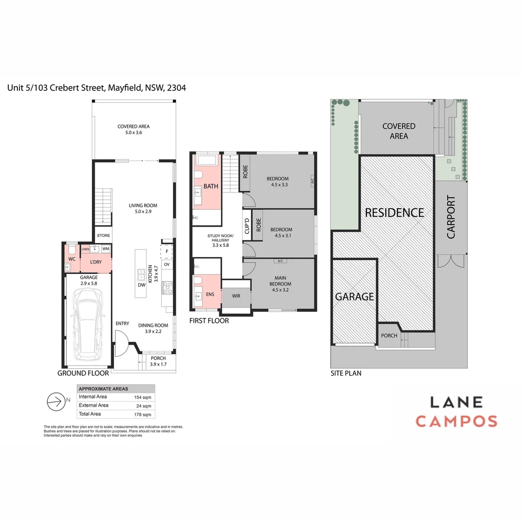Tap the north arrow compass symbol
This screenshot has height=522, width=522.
pyautogui.click(x=56, y=401)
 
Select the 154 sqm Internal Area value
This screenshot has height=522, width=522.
pyautogui.click(x=143, y=397)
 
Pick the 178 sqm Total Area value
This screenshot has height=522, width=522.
pyautogui.click(x=143, y=414)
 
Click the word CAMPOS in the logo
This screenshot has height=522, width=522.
pyautogui.click(x=456, y=421)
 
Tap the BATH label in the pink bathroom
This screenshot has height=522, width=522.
pyautogui.click(x=211, y=186)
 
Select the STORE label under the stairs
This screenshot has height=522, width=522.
pyautogui.click(x=103, y=235)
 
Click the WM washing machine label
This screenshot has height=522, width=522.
pyautogui.click(x=105, y=248)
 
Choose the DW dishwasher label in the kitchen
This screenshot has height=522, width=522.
pyautogui.click(x=141, y=285)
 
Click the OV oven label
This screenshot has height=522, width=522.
pyautogui.click(x=167, y=264)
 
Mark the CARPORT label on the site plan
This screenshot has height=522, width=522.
pyautogui.click(x=451, y=217)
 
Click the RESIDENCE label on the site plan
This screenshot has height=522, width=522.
pyautogui.click(x=394, y=213)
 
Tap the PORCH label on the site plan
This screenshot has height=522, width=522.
pyautogui.click(x=389, y=336)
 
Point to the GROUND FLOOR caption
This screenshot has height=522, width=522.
pyautogui.click(x=83, y=373)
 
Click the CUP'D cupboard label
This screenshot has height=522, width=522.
pyautogui.click(x=247, y=226)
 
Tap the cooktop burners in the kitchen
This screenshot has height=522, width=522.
pyautogui.click(x=168, y=288)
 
